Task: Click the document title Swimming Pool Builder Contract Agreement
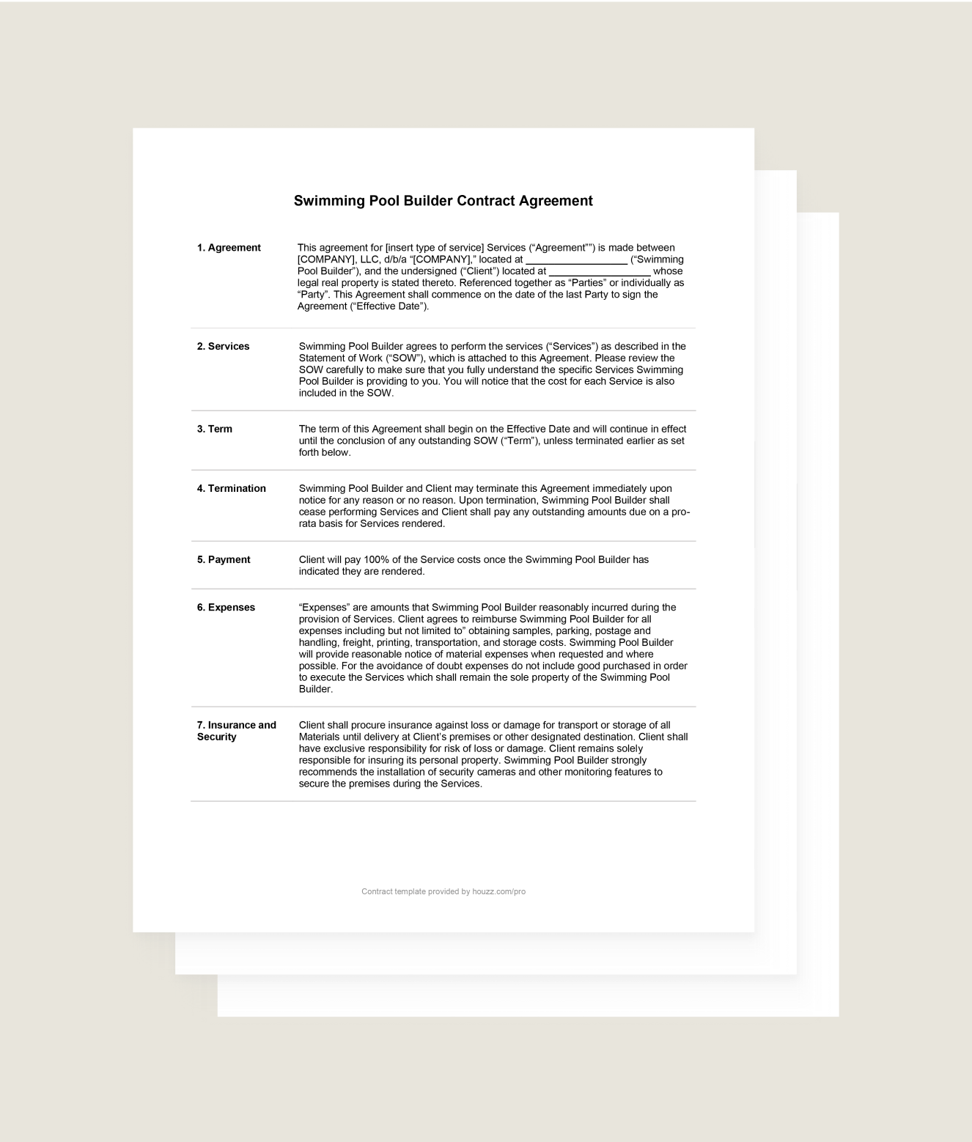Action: pos(443,201)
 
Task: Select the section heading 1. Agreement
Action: pos(229,248)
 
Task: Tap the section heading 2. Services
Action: pos(223,347)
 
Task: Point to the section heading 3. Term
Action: pos(214,430)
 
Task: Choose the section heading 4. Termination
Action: pos(231,489)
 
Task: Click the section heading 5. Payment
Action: pos(224,560)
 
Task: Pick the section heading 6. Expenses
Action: pos(226,608)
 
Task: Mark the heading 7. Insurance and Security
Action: pos(236,731)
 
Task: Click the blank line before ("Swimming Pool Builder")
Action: pos(576,261)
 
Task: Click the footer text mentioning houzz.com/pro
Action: pos(443,892)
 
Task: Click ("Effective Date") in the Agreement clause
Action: pos(389,306)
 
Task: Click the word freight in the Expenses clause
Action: pos(357,643)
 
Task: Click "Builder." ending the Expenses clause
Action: pos(315,690)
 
